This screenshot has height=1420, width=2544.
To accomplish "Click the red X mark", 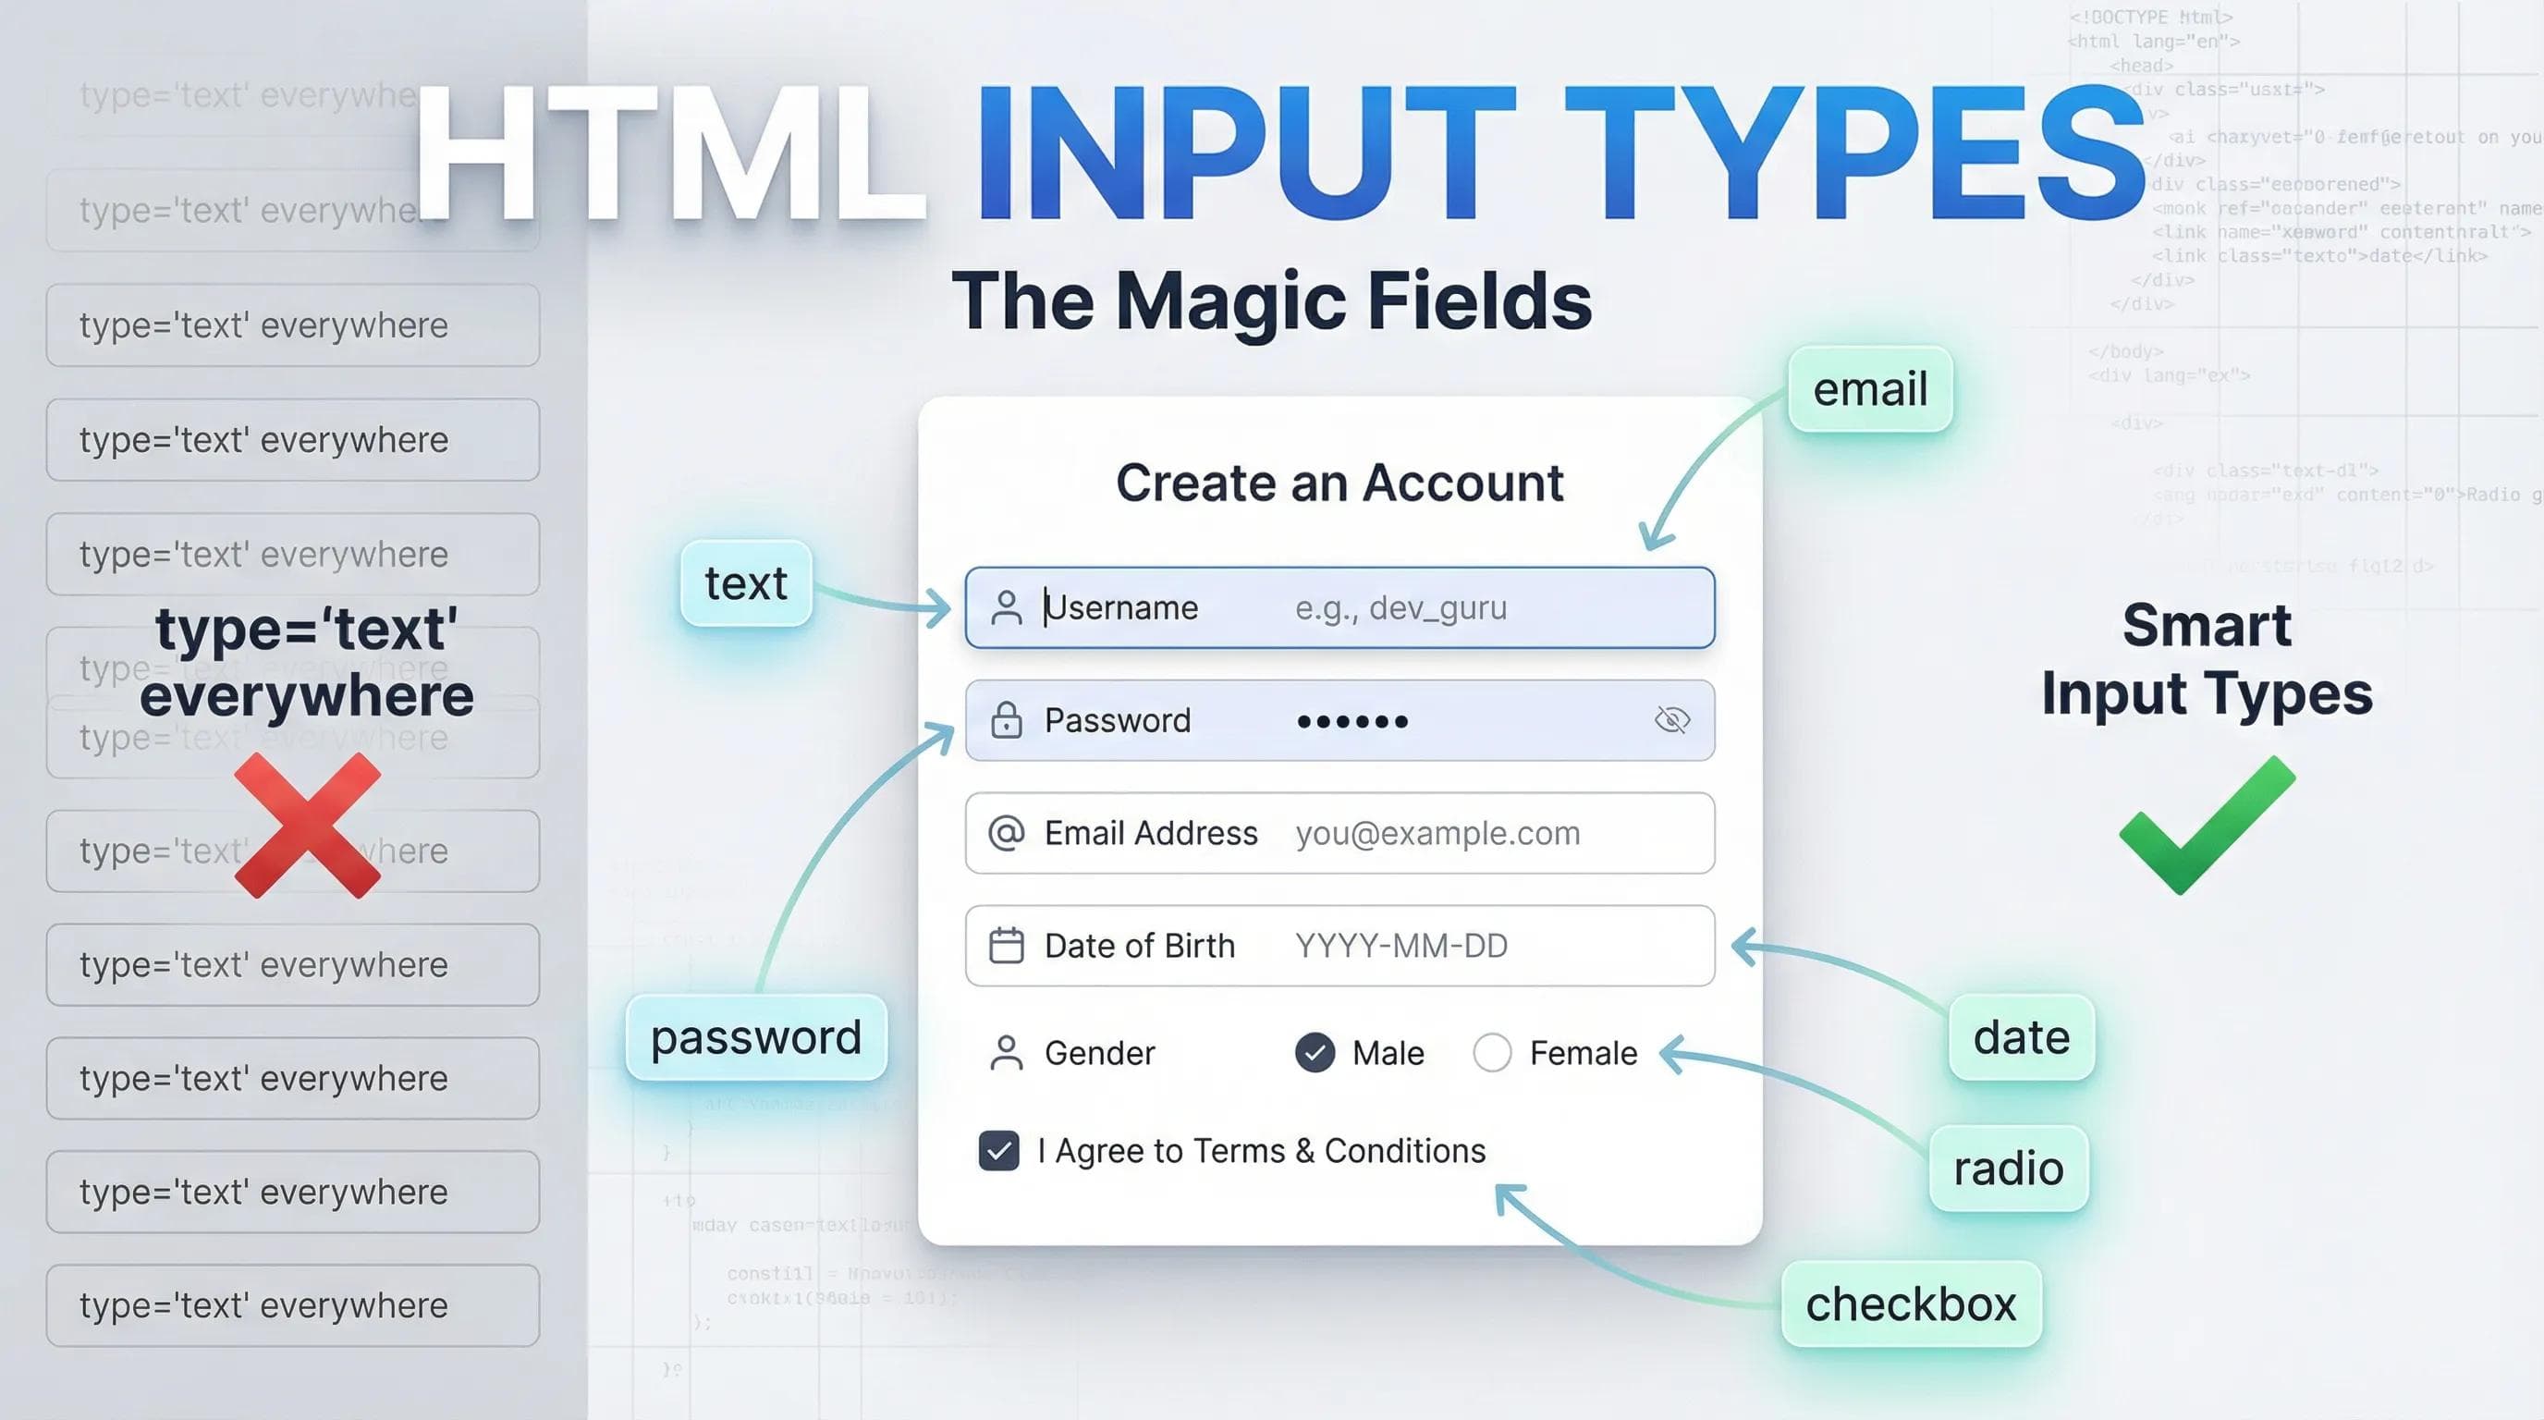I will (307, 826).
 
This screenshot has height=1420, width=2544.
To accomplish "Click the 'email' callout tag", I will (1869, 389).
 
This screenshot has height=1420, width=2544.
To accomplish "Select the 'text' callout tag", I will (746, 582).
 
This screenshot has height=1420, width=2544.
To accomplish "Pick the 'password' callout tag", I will (755, 1037).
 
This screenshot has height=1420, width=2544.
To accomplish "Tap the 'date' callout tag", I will (2021, 1037).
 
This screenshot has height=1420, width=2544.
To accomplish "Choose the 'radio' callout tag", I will (2008, 1169).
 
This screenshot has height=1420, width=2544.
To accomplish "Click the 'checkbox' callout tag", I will (1910, 1304).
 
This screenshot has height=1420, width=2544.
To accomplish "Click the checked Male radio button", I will (1315, 1053).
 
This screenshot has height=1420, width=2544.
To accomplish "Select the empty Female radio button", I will (1491, 1053).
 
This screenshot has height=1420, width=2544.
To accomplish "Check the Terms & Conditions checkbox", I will (998, 1150).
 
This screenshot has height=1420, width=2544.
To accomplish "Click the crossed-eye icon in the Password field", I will (1672, 720).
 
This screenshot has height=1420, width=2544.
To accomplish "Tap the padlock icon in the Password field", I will (1006, 720).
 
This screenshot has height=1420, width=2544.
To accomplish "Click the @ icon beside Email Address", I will (1006, 832).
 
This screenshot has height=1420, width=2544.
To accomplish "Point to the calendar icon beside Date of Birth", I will (1006, 945).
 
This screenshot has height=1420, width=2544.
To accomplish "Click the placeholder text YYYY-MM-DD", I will (1400, 946).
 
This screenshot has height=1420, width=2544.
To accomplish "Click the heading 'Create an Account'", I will (1339, 483).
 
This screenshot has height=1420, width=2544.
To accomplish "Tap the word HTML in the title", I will (669, 153).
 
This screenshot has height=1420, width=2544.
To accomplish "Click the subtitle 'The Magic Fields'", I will (1271, 301).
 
